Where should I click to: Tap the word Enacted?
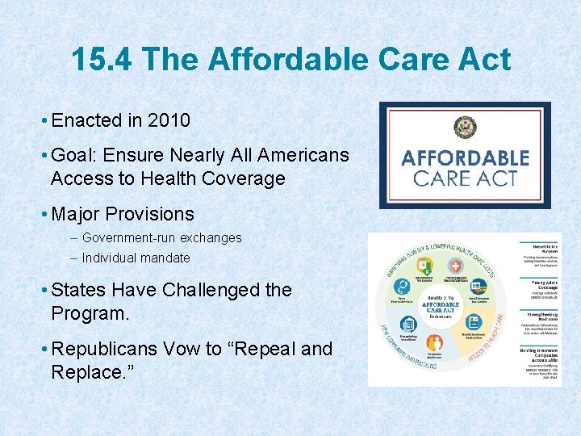click(86, 121)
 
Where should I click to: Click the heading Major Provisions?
click(122, 214)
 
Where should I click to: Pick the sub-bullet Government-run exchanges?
click(161, 238)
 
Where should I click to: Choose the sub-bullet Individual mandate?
click(136, 258)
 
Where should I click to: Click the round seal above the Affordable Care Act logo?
click(465, 128)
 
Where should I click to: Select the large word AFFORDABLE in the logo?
click(466, 157)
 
